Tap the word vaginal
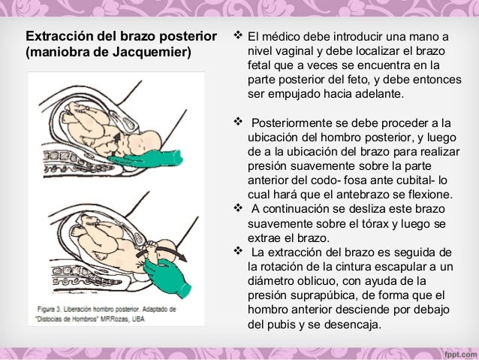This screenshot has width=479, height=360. point(297,52)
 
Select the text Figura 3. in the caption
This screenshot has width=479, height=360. point(56,309)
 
